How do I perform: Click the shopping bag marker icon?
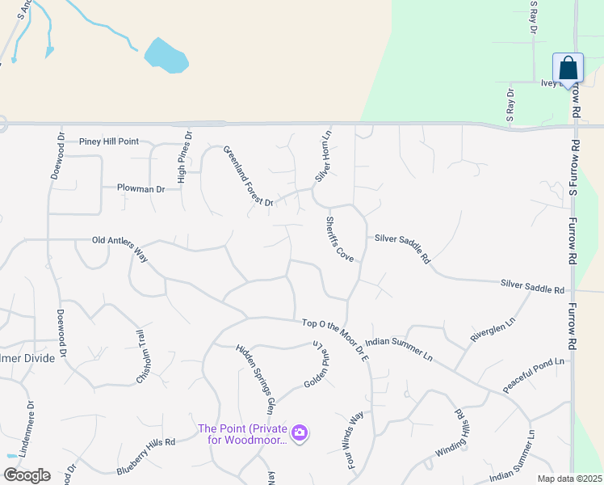[568, 68]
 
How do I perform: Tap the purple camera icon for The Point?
[300, 434]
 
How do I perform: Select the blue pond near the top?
[166, 56]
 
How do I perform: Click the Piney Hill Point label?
[109, 141]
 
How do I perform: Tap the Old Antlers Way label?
[121, 241]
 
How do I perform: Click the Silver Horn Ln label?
[323, 154]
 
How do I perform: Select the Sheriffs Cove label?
[340, 238]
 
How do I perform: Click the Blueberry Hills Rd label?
[146, 455]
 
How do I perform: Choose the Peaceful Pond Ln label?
[533, 376]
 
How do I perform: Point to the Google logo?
[27, 474]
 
